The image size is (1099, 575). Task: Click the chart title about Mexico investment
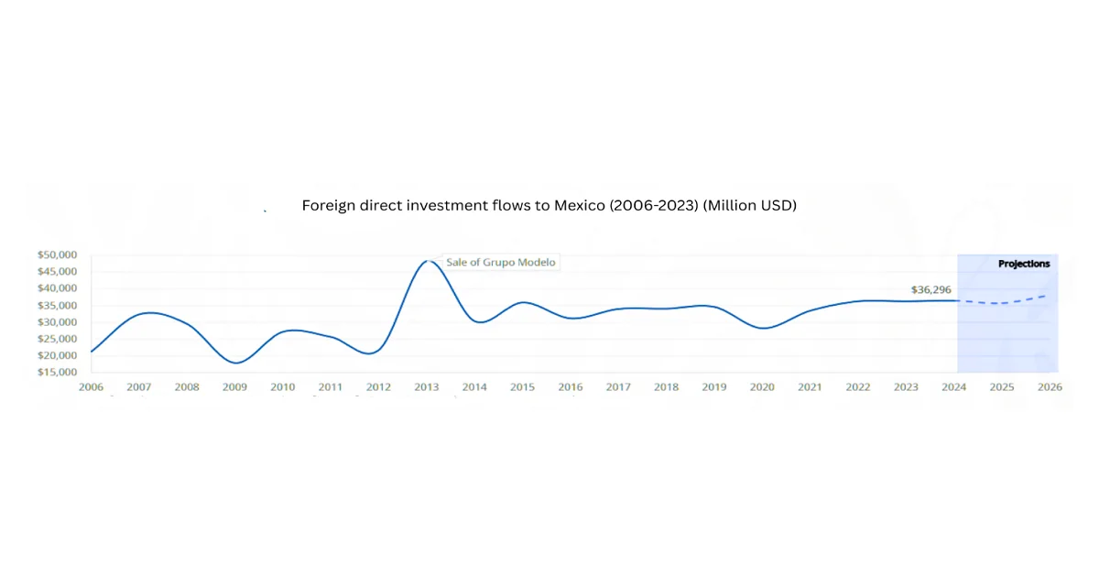(549, 206)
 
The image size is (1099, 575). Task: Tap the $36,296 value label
(931, 289)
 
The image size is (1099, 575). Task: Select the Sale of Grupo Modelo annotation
(500, 262)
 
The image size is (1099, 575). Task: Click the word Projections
(1024, 264)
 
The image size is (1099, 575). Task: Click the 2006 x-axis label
(91, 387)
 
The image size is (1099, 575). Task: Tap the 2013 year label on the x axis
(426, 387)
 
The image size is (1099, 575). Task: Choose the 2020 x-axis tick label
(762, 387)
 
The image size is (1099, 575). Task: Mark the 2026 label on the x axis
(1050, 387)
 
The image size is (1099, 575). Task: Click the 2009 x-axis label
(234, 387)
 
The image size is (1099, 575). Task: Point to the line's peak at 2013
(427, 261)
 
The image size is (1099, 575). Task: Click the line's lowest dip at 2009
(235, 363)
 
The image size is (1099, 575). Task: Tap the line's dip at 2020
(762, 328)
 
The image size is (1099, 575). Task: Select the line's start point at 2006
(92, 352)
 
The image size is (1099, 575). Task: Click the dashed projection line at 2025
(1002, 303)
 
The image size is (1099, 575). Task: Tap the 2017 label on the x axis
(618, 387)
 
